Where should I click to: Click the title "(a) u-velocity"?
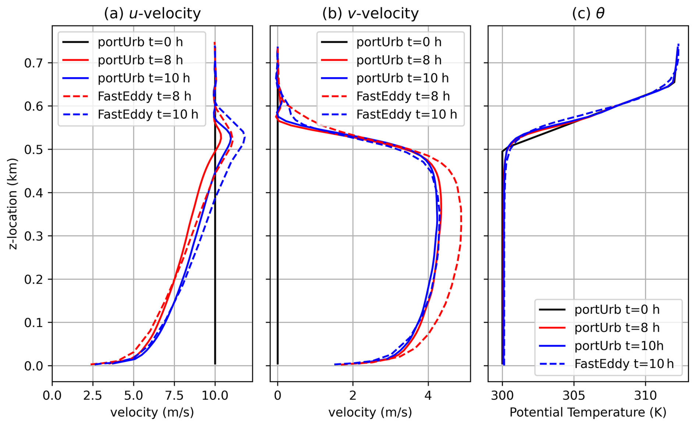coord(152,14)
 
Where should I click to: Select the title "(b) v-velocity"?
coord(370,14)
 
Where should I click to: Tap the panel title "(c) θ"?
coord(588,14)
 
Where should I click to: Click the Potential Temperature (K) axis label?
coord(588,412)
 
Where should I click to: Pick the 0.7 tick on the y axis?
coord(33,63)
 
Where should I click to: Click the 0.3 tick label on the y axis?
coord(33,236)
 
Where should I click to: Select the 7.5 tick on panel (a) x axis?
coord(174,395)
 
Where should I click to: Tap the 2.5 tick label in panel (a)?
coord(92,395)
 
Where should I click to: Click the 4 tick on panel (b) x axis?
coord(428,395)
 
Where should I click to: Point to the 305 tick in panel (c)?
coord(574,395)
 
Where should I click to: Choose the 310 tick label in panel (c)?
coord(645,395)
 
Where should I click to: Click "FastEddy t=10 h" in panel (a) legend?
coord(148,115)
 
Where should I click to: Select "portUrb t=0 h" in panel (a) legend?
coord(140,42)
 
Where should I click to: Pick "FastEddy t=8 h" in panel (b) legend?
coord(403,96)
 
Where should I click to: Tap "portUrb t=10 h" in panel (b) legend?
coord(402,78)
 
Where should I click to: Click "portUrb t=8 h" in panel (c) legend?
coord(617,327)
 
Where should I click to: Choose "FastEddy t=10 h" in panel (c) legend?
coord(624,364)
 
